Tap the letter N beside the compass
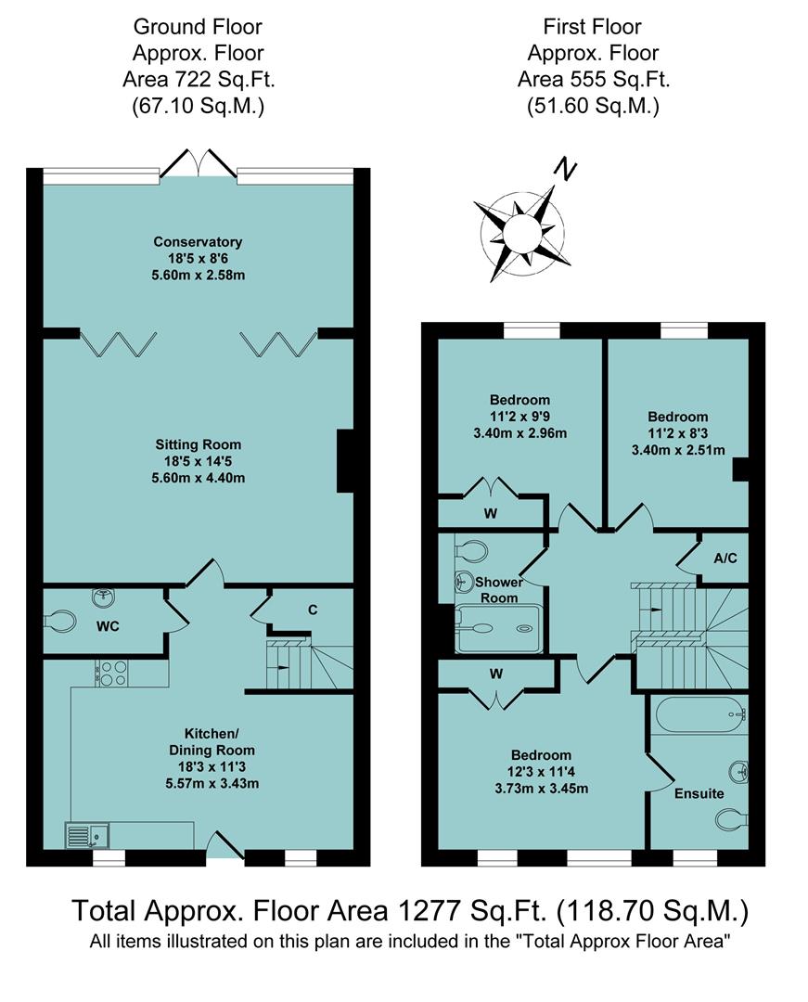tap(564, 170)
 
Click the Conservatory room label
tap(198, 242)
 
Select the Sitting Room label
tap(198, 444)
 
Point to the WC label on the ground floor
tap(108, 626)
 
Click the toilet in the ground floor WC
tap(60, 619)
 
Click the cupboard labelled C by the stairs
tap(313, 610)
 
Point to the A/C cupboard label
tap(725, 559)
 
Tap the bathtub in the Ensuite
tap(698, 715)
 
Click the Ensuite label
tap(699, 793)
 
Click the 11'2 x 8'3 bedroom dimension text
tap(677, 433)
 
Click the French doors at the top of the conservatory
tap(198, 161)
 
